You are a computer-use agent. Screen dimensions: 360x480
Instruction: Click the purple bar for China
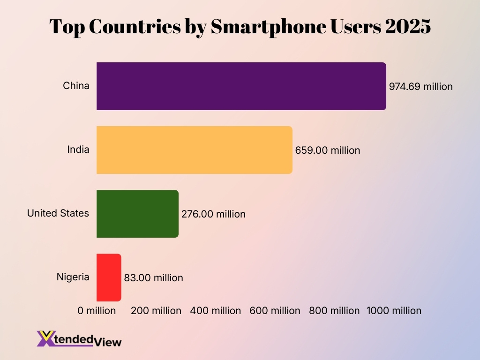click(241, 86)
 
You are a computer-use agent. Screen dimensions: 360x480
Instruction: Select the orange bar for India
click(194, 150)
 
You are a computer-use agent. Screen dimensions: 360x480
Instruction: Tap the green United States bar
click(137, 214)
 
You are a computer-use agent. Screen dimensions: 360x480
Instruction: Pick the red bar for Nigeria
click(109, 277)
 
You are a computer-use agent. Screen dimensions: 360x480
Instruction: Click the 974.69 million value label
click(421, 87)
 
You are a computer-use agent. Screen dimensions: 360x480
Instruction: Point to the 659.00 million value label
click(327, 150)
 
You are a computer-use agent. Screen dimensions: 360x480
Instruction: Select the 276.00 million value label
click(213, 214)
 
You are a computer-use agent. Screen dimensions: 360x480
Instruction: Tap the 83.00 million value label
click(153, 278)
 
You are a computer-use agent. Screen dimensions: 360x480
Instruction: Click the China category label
click(76, 86)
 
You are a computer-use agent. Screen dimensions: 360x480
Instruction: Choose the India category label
click(78, 150)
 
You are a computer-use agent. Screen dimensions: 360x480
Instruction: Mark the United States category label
click(58, 213)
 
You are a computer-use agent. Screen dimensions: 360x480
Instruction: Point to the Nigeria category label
click(73, 277)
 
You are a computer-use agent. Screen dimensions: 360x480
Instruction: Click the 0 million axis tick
click(97, 311)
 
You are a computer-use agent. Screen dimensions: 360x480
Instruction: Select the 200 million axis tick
click(156, 311)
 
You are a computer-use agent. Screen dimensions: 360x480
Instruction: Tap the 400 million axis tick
click(216, 311)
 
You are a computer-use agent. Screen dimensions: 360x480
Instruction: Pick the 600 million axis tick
click(275, 311)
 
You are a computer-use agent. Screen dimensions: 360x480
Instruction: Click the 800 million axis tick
click(334, 311)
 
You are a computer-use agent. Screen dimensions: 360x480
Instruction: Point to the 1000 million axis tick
click(394, 311)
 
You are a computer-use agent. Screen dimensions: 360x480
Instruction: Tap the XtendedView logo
click(79, 338)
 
